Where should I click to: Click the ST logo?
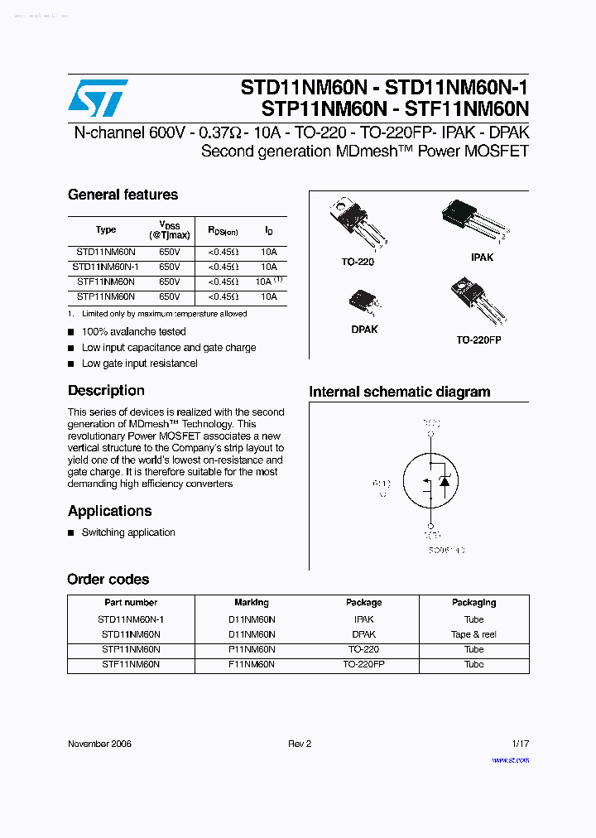pos(98,99)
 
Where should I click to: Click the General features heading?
pos(123,195)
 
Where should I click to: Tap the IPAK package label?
pos(482,258)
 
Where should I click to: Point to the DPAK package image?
pos(363,301)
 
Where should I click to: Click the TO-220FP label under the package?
pos(478,340)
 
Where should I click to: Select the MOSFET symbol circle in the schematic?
pos(430,480)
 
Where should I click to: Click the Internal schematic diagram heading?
pos(399,393)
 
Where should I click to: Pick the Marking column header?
pos(252,603)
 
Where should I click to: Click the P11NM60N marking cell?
pos(252,649)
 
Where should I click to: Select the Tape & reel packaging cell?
pos(473,634)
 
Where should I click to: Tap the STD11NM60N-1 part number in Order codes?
pos(131,619)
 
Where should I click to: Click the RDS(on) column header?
pos(223,230)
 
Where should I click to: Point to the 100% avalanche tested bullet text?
pos(133,332)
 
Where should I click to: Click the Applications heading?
pos(109,511)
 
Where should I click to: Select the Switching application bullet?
pos(128,532)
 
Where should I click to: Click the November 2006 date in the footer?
pos(99,744)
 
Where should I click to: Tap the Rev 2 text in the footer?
pos(300,744)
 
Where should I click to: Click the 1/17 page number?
pos(520,744)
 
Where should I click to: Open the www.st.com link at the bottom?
pos(510,760)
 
